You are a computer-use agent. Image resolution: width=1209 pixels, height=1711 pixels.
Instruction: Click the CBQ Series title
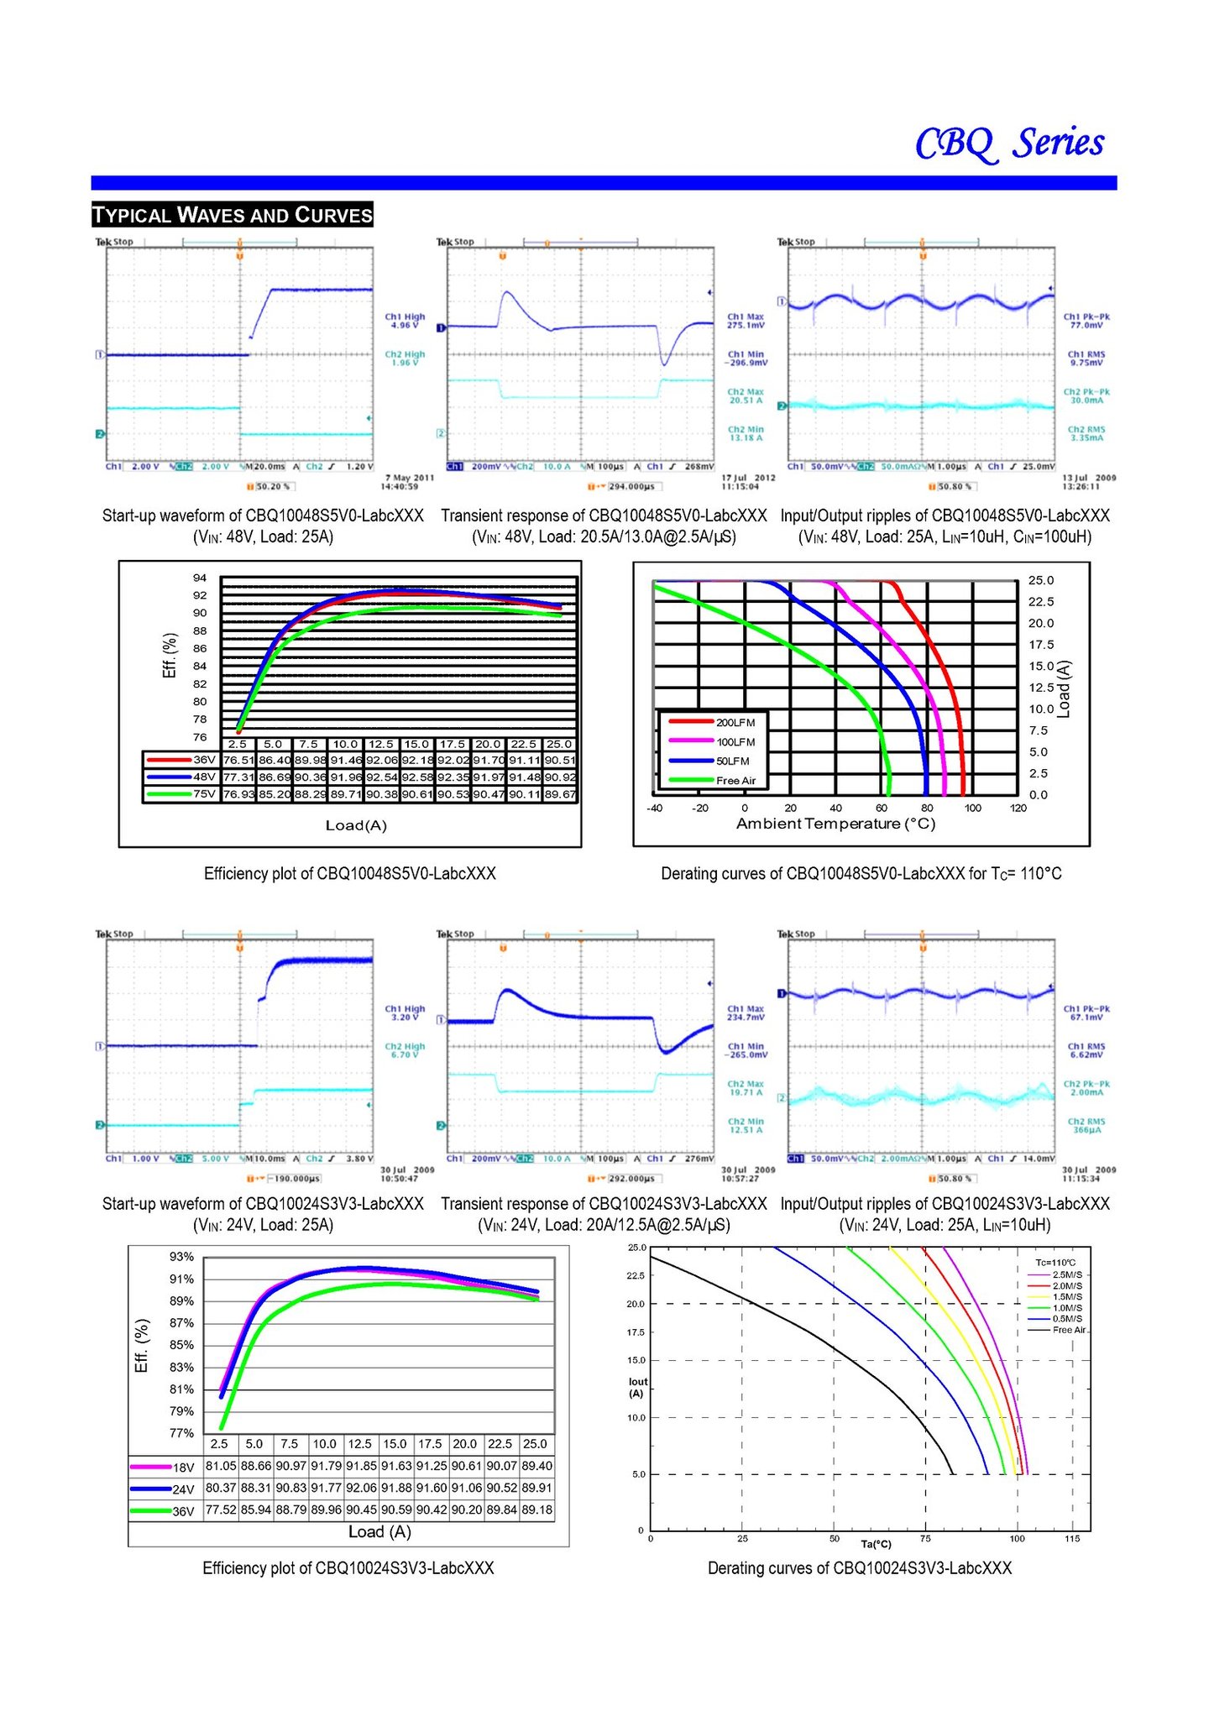pyautogui.click(x=1009, y=144)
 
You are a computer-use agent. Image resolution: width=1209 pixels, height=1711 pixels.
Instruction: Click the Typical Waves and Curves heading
pyautogui.click(x=233, y=215)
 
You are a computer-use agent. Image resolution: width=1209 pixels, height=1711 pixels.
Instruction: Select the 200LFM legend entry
pyautogui.click(x=735, y=722)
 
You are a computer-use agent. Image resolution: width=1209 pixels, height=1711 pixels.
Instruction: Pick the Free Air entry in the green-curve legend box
pyautogui.click(x=735, y=781)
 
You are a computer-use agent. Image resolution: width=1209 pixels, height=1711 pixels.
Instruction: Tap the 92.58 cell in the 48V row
pyautogui.click(x=416, y=777)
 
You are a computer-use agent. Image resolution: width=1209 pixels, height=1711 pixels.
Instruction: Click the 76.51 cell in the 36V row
pyautogui.click(x=238, y=760)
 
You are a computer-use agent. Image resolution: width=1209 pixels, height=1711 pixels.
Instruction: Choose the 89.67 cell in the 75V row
pyautogui.click(x=560, y=794)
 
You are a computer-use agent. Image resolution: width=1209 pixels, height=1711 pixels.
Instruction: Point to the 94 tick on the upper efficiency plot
pyautogui.click(x=200, y=578)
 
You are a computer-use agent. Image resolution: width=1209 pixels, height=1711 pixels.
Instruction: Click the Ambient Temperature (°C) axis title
pyautogui.click(x=835, y=824)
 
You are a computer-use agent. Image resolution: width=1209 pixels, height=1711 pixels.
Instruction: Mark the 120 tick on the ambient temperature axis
pyautogui.click(x=1018, y=808)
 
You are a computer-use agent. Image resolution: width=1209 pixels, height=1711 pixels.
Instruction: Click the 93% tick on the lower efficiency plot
pyautogui.click(x=181, y=1257)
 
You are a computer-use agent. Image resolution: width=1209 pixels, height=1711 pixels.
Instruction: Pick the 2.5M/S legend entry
pyautogui.click(x=1067, y=1274)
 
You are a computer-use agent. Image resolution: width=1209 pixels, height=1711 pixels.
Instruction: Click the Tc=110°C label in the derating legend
pyautogui.click(x=1055, y=1263)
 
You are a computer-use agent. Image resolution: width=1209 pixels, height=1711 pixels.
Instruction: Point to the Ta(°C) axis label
pyautogui.click(x=876, y=1544)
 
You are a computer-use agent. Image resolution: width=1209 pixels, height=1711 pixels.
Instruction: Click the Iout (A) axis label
pyautogui.click(x=637, y=1387)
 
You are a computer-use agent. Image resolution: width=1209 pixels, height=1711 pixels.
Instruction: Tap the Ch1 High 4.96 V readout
pyautogui.click(x=405, y=321)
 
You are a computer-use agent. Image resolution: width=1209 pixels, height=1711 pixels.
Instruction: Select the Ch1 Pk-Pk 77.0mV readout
pyautogui.click(x=1086, y=321)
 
